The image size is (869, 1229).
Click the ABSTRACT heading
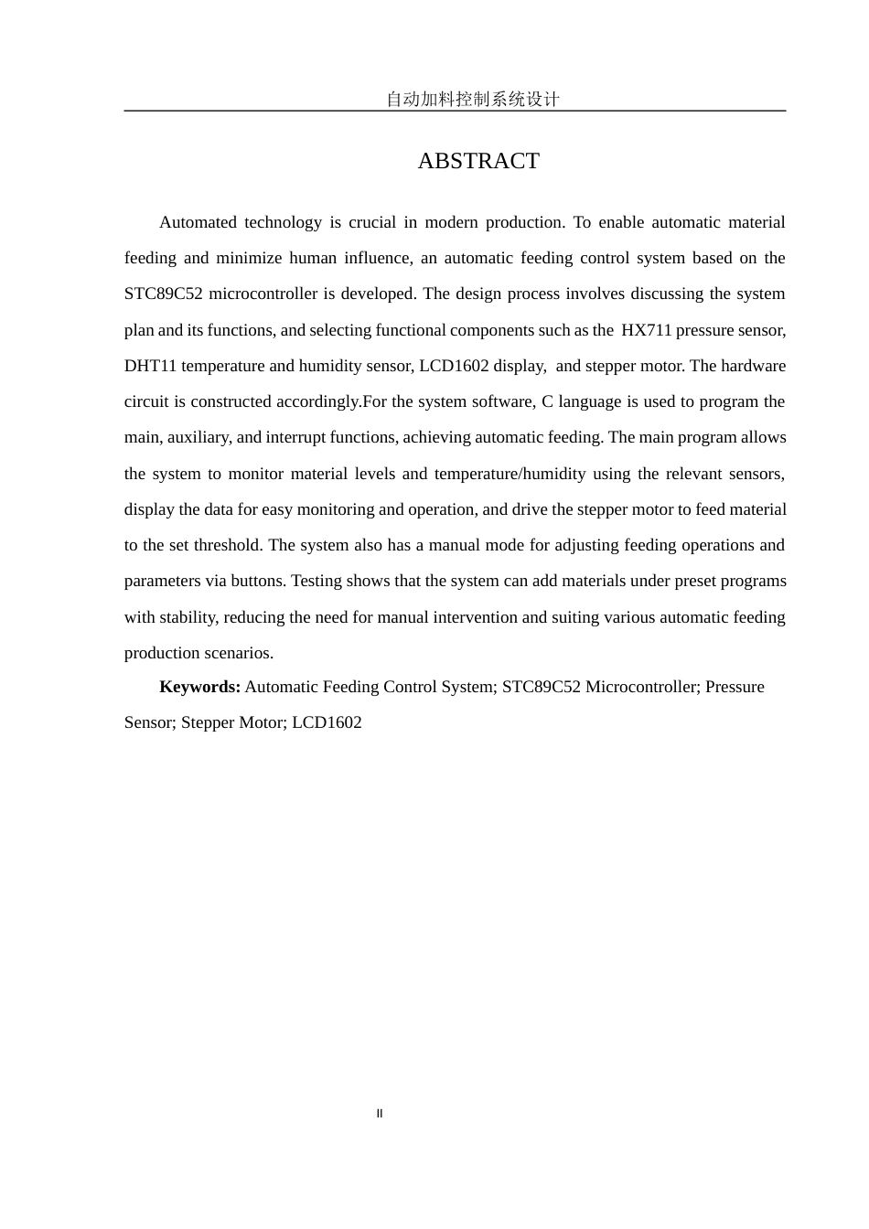[478, 161]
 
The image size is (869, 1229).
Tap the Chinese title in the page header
[472, 100]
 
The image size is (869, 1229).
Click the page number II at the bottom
[380, 1114]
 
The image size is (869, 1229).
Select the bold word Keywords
[199, 687]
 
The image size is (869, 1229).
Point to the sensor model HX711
[646, 330]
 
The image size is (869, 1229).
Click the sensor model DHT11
[150, 366]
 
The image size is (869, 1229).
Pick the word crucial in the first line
[371, 222]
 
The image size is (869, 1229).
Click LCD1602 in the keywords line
[327, 722]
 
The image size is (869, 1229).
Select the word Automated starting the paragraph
[198, 222]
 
